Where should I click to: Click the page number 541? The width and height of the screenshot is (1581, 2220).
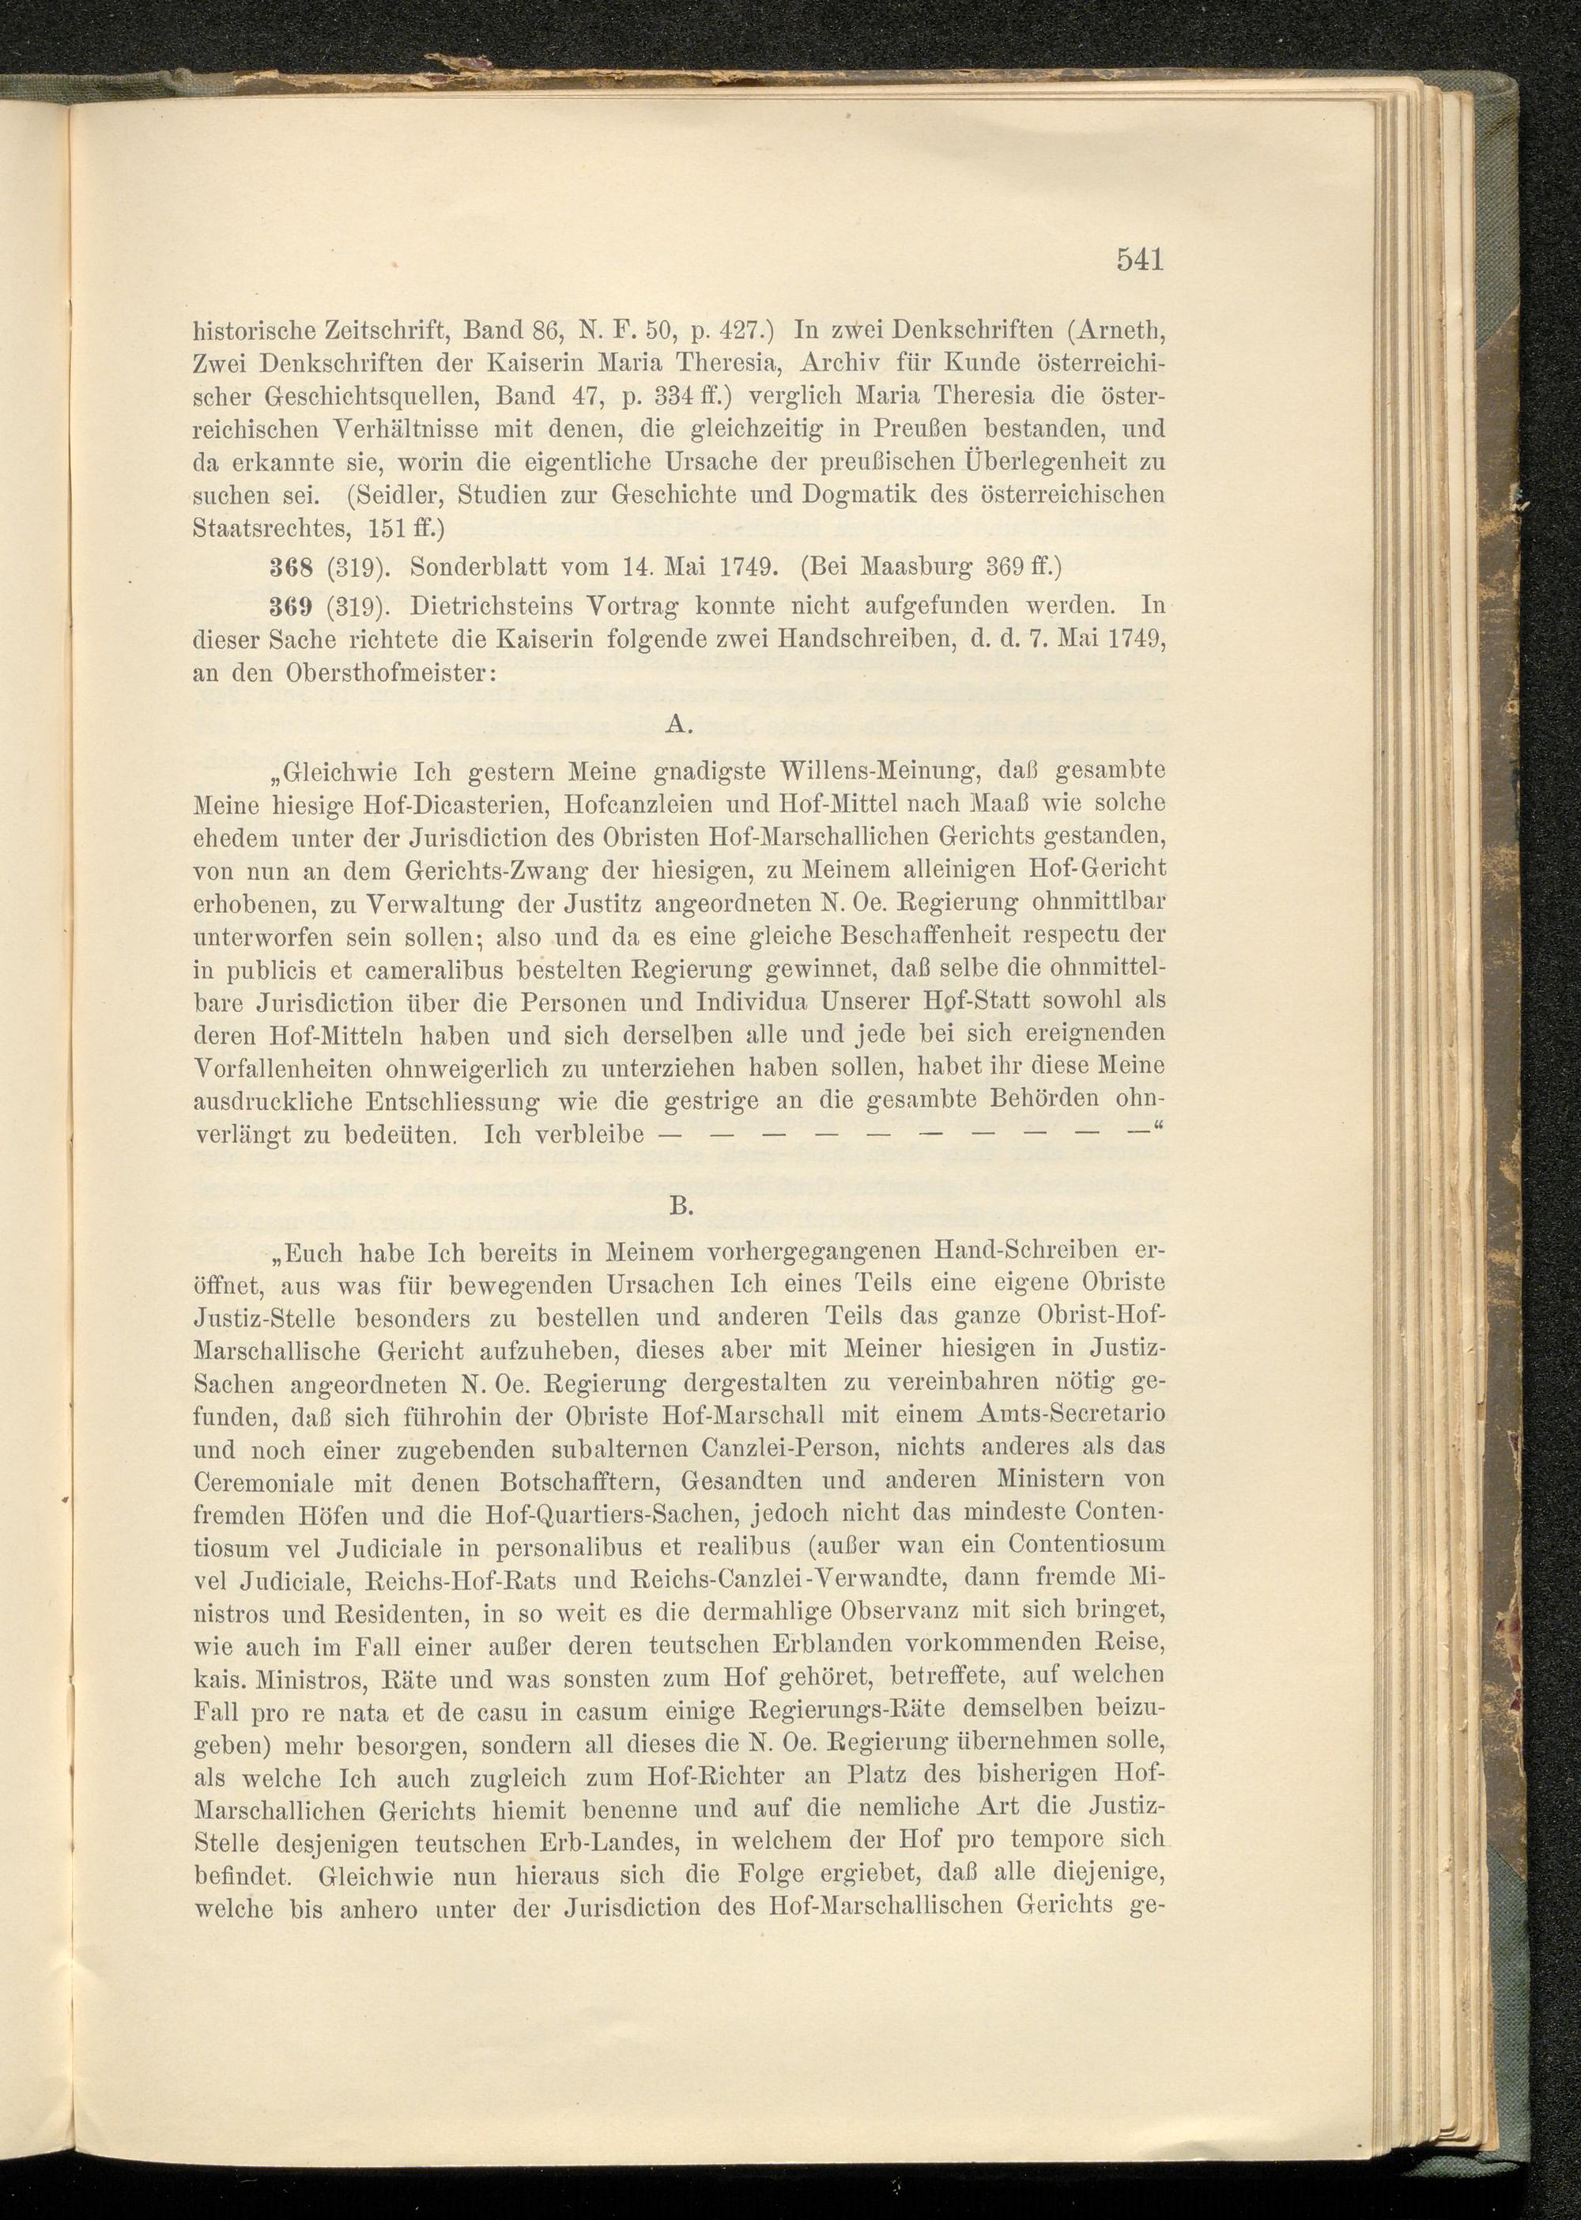1140,260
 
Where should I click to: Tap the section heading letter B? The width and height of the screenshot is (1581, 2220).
680,1206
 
